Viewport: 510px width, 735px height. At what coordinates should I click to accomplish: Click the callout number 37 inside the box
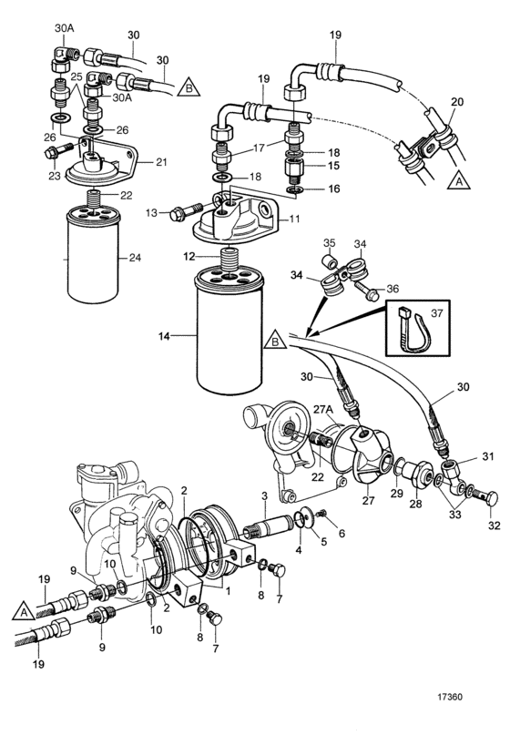coord(436,313)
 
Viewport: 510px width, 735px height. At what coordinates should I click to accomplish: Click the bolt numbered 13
coord(187,212)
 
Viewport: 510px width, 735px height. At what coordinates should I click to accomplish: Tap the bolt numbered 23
coord(58,151)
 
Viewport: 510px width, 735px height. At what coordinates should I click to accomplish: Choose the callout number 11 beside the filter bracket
coord(293,219)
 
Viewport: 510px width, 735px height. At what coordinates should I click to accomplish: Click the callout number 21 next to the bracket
coord(161,162)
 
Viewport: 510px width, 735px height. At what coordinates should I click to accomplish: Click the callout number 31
coord(488,455)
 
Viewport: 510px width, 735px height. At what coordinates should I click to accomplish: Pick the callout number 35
coord(330,243)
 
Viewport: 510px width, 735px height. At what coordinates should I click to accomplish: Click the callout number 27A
coord(323,409)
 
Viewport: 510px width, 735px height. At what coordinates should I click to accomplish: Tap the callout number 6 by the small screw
coord(342,533)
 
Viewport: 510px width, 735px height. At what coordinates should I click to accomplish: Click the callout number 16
coord(333,189)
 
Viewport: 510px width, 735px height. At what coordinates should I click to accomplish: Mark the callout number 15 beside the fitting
coord(333,166)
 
